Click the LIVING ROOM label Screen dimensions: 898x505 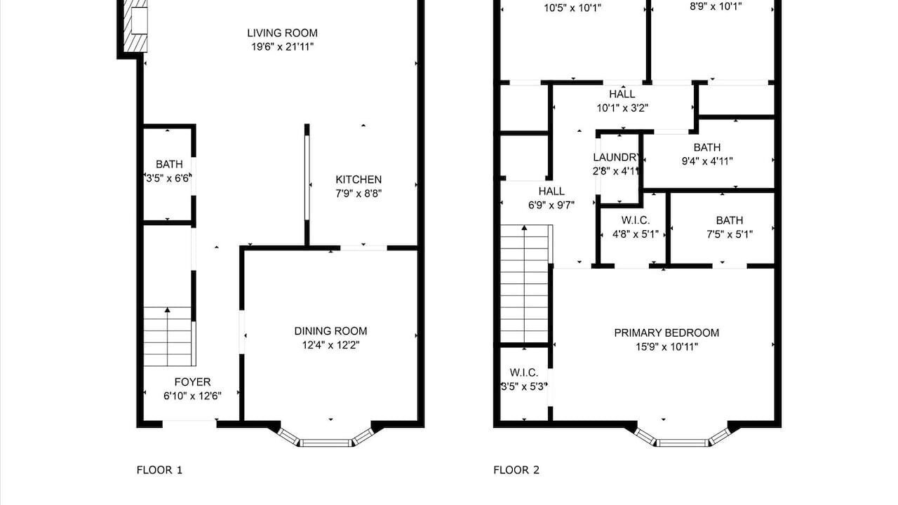282,33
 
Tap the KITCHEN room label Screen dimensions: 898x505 358,180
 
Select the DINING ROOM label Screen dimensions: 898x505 330,331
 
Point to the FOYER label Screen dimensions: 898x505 192,382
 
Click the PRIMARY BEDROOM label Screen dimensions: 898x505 666,333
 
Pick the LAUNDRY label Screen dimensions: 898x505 616,157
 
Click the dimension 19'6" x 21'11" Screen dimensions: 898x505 282,47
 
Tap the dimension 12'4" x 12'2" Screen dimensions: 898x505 330,345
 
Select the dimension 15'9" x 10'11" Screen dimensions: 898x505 666,347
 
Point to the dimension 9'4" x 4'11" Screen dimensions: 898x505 707,161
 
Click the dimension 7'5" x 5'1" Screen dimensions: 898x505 730,234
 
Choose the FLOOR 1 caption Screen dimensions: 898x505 159,470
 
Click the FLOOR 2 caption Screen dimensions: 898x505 516,470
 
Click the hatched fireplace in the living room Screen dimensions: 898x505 135,26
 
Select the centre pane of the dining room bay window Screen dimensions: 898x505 326,443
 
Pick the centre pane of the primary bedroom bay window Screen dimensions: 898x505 683,443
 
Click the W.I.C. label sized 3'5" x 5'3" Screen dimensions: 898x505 524,372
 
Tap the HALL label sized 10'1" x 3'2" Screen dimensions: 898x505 622,94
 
